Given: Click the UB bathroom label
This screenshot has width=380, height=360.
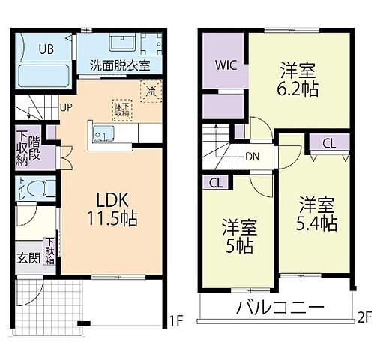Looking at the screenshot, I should [46, 49].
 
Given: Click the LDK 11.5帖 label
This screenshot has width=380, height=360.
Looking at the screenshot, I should [113, 210].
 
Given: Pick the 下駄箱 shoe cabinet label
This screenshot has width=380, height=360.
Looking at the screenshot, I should [48, 251].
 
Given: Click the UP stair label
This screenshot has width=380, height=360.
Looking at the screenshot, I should [66, 106].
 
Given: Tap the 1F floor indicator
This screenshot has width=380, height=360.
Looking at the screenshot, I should [176, 323].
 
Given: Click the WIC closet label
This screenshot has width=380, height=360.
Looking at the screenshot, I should [227, 64].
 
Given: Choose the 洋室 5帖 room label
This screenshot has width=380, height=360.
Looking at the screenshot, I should [238, 235].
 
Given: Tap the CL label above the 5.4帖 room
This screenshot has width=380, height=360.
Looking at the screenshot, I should [328, 143].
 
